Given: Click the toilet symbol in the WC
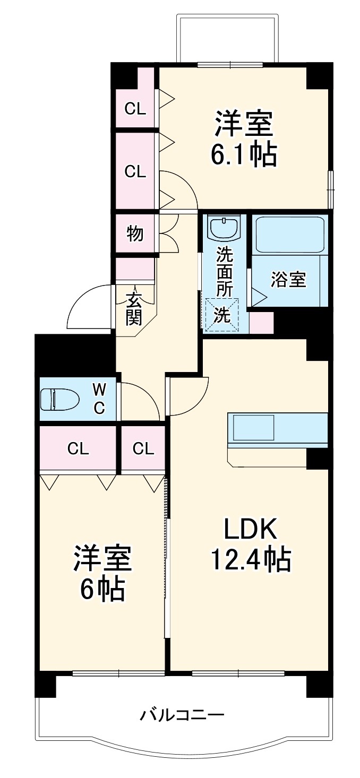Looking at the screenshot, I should coord(59,399).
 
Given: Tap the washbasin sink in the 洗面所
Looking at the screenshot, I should coord(225,228).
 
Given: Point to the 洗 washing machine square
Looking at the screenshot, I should coord(222,315).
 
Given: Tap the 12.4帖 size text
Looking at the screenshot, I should coord(251,558).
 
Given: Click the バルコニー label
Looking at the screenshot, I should coord(182,715).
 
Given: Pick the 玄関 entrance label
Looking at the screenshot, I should coord(134,309).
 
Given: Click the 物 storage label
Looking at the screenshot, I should coord(135,233).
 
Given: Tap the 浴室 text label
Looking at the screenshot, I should coord(288,280).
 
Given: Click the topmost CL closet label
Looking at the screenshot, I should coord(135,109).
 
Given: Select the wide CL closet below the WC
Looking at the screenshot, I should coord(78,449).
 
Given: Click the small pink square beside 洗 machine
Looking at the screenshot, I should coord(261,323).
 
